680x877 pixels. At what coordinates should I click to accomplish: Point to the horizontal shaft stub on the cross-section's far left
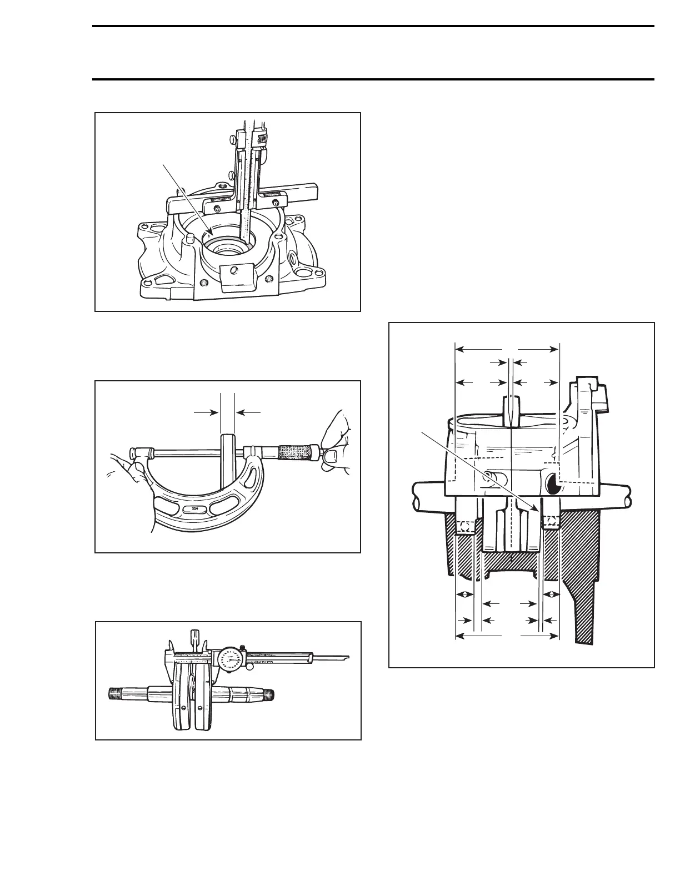(x=428, y=493)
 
